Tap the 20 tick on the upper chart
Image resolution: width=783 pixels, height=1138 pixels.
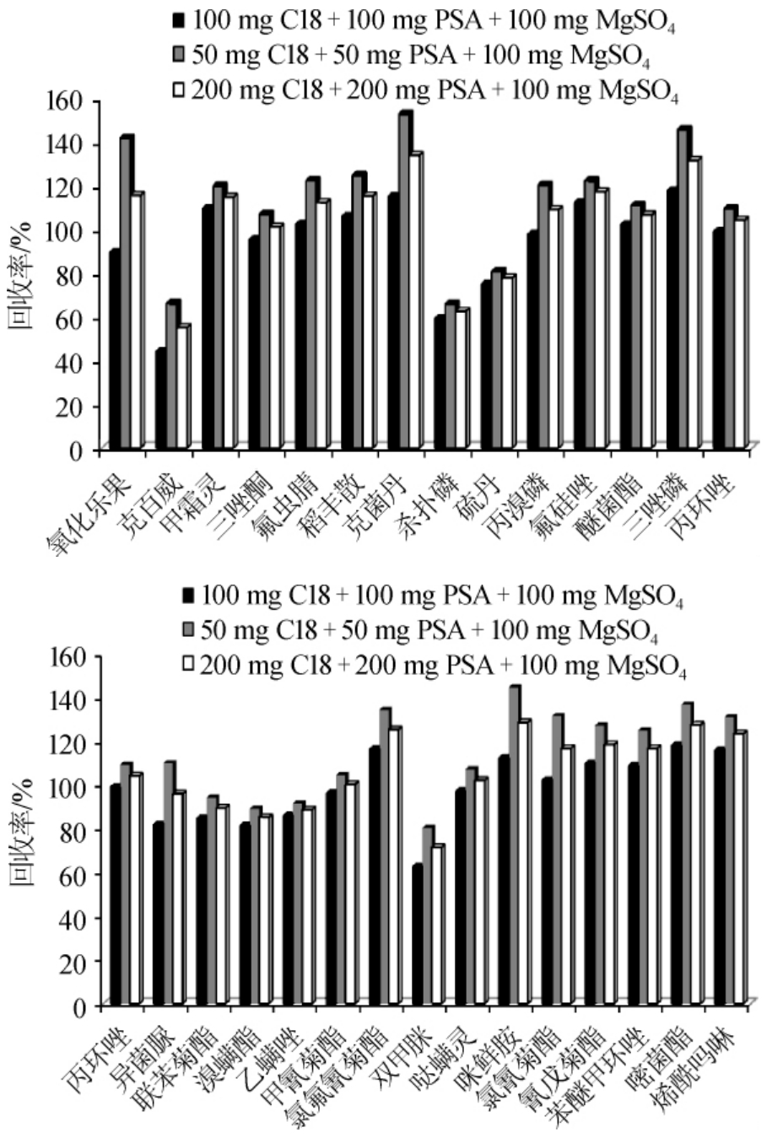(69, 407)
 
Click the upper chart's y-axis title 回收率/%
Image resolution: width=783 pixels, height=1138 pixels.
(20, 274)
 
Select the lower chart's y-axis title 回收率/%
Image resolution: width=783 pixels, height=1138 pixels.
(22, 832)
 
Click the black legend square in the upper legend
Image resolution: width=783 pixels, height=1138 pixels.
(178, 19)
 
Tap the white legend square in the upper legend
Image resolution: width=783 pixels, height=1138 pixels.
(178, 88)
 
